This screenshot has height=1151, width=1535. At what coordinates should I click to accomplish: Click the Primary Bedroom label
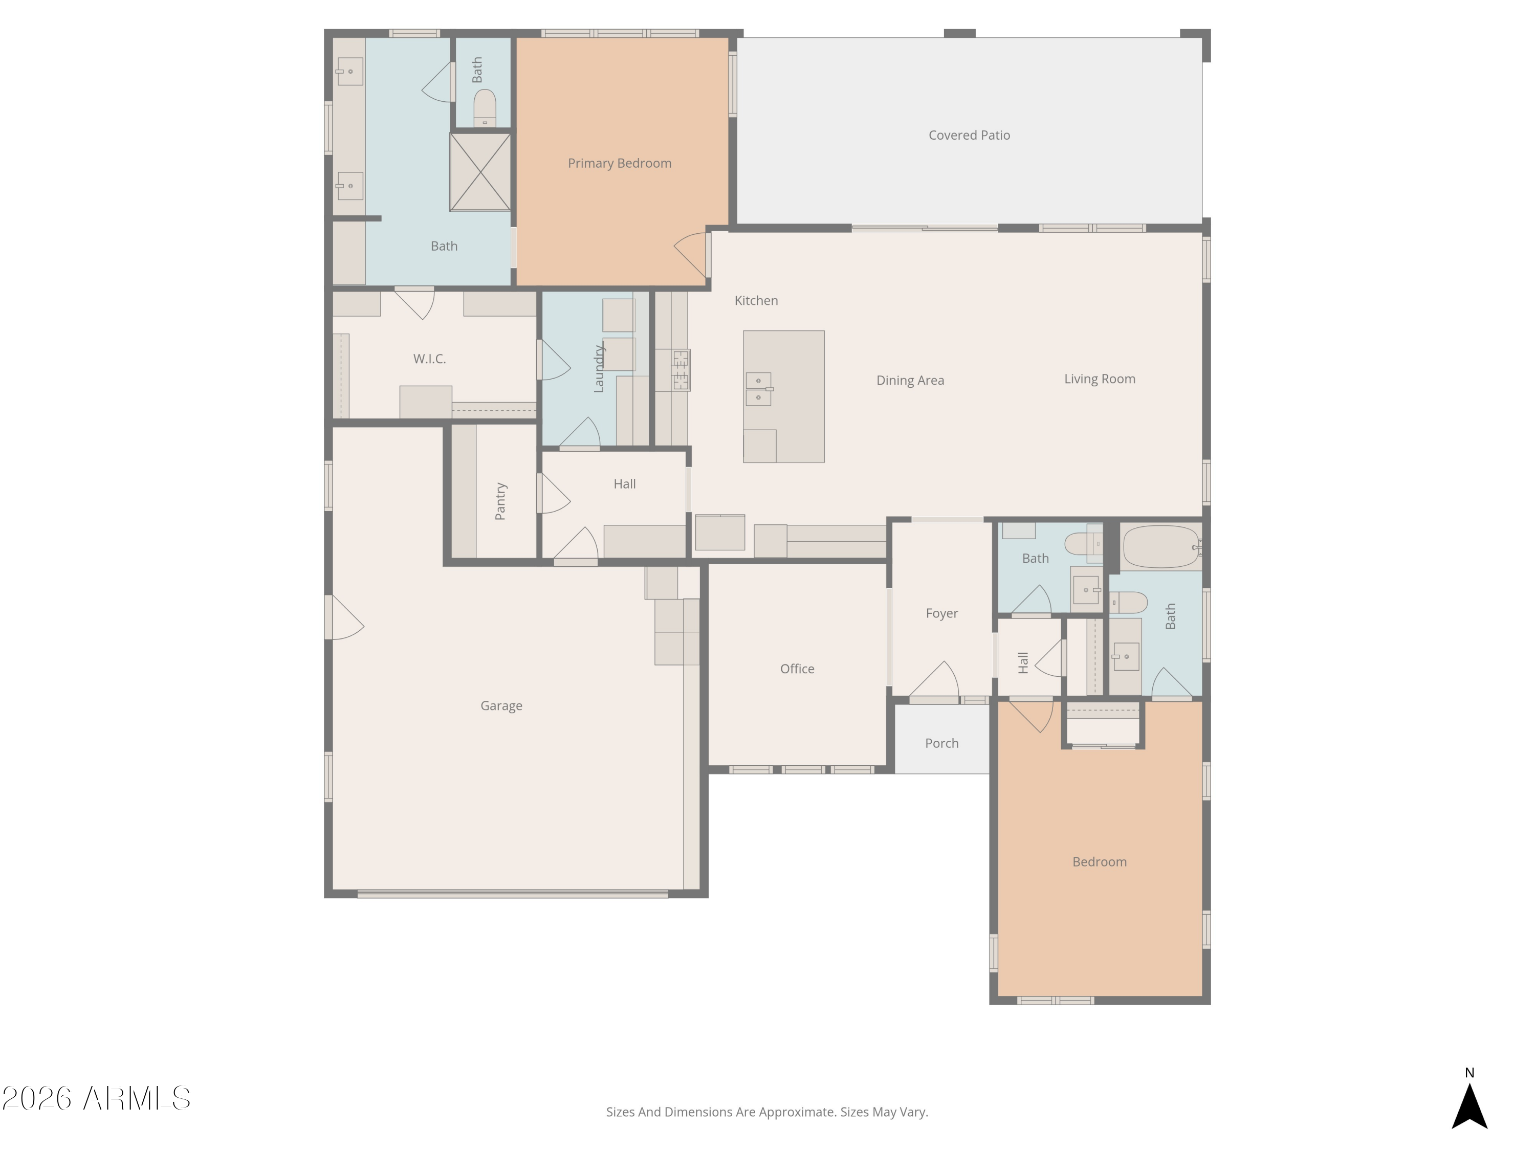(619, 163)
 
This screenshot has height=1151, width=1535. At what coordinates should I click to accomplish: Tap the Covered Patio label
(969, 135)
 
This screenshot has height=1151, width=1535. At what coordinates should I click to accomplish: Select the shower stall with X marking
(480, 172)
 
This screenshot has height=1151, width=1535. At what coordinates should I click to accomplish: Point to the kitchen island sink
(758, 388)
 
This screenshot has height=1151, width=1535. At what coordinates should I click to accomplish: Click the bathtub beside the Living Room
(1160, 547)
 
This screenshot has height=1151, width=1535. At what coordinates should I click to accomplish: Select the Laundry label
(599, 368)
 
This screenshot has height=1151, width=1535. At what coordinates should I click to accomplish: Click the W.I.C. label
(429, 359)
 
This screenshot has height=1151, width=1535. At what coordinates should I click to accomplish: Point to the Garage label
(501, 705)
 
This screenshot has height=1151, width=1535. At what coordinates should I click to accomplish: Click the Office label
(797, 669)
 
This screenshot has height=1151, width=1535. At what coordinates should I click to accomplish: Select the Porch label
(941, 743)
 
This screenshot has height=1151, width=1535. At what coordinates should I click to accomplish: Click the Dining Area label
(910, 380)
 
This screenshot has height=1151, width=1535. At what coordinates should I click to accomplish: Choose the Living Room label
(1099, 379)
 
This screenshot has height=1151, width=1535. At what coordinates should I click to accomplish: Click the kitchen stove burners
(681, 370)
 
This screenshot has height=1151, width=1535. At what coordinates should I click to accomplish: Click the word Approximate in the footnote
(797, 1112)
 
